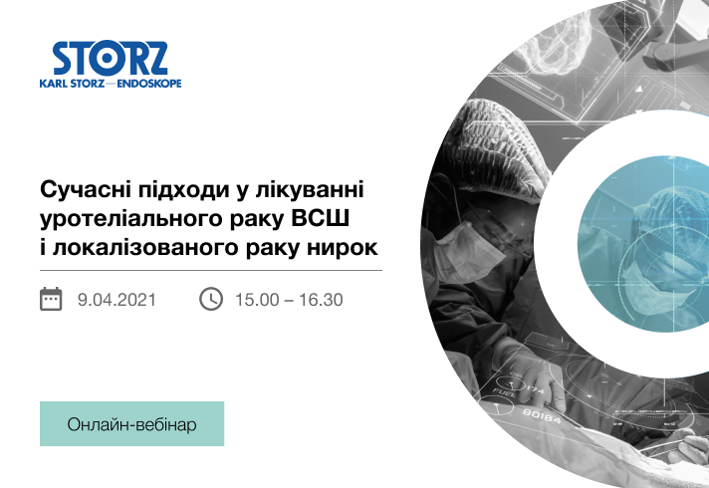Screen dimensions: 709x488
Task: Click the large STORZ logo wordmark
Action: point(110,59)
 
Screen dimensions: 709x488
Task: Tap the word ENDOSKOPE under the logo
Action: point(149,84)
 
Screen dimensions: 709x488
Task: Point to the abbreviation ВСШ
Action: point(320,218)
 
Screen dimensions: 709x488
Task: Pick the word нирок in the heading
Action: point(343,248)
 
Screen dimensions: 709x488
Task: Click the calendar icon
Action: point(51,299)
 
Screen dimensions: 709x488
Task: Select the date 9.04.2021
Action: point(117,300)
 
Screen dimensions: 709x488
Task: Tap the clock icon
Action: point(211,299)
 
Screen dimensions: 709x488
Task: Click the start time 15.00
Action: point(257,300)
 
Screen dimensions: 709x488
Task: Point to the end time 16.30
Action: point(321,300)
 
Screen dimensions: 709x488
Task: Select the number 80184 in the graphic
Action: point(542,415)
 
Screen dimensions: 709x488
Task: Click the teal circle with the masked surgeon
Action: point(643,244)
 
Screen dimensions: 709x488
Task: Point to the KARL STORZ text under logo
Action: point(73,84)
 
